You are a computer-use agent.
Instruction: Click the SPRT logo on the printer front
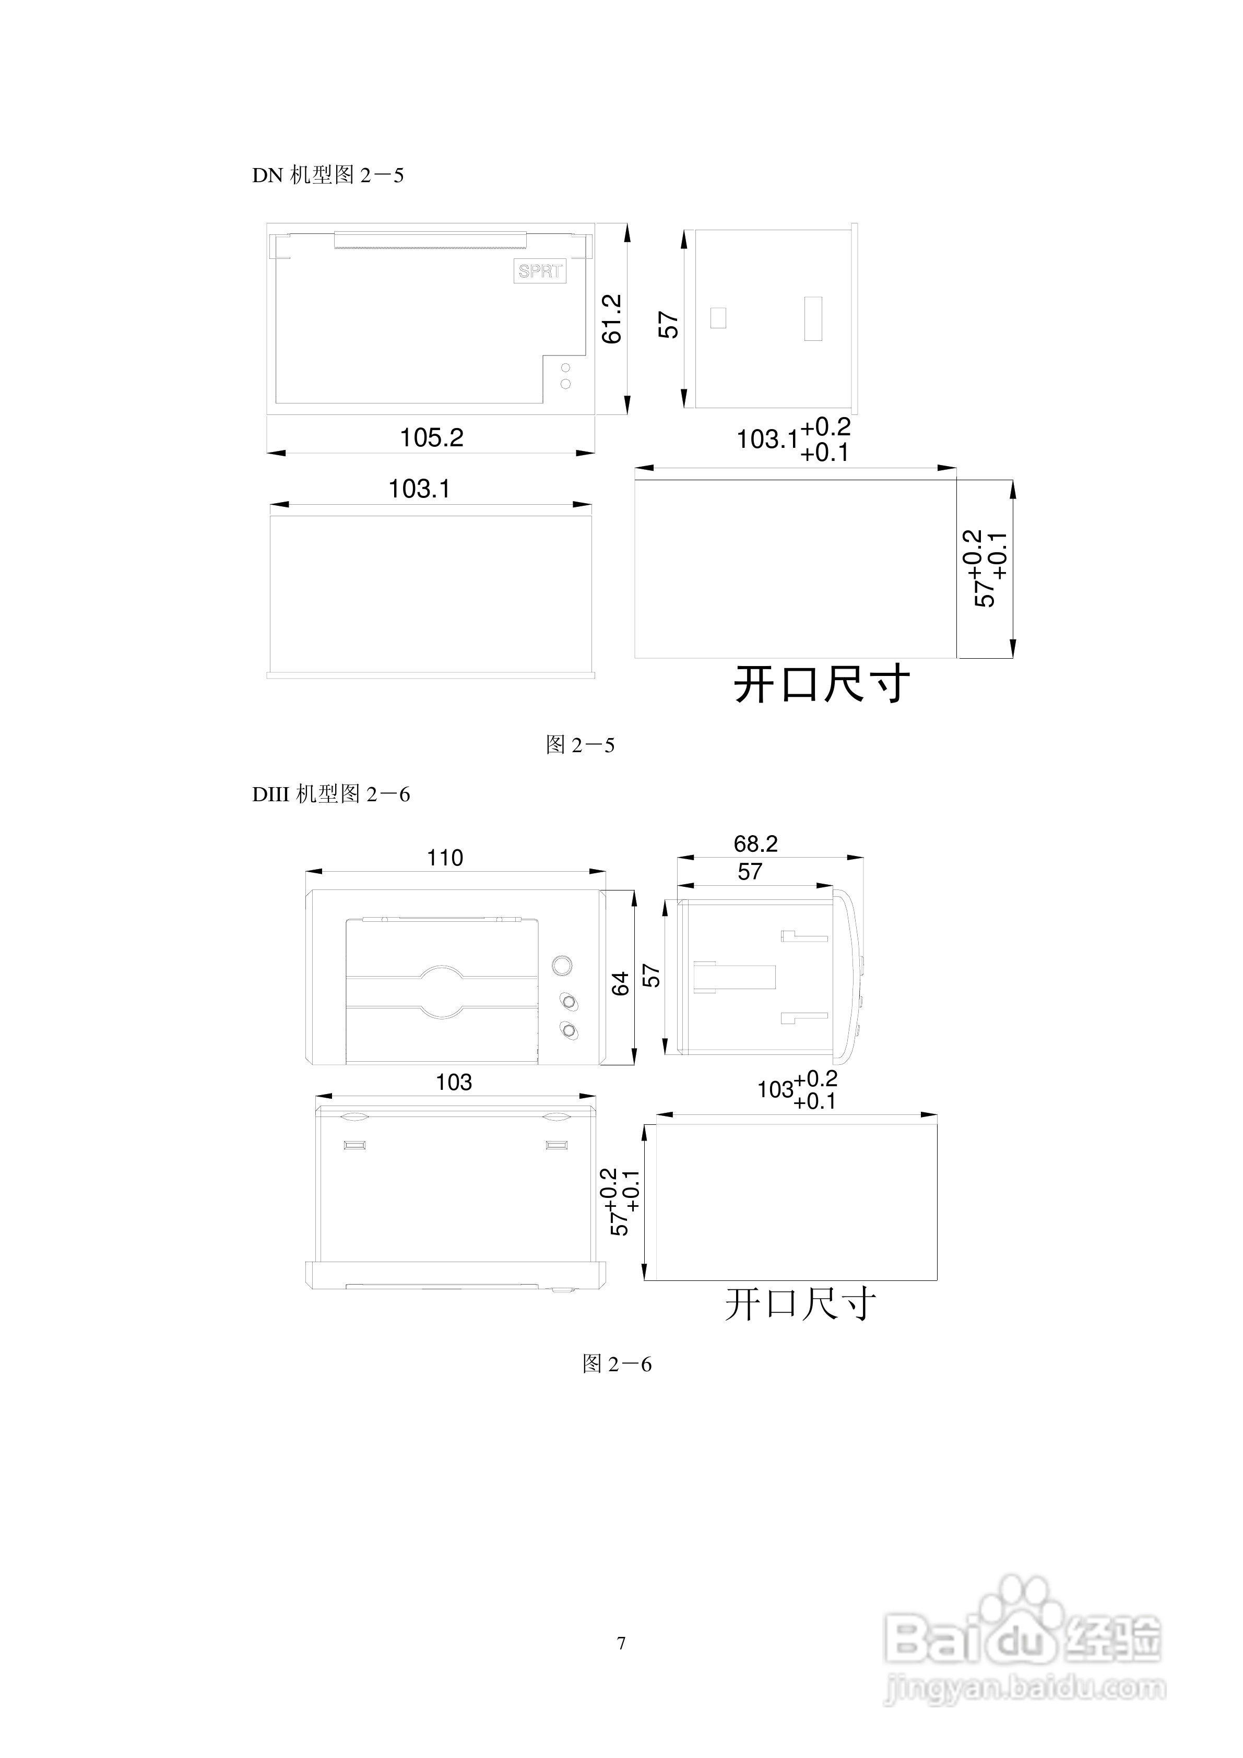(x=540, y=271)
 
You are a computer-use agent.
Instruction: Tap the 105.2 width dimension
(x=431, y=438)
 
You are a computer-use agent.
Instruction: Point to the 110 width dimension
(x=445, y=858)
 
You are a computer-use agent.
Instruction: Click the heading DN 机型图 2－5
(x=328, y=175)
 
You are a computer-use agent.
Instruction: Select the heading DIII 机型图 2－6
(x=331, y=795)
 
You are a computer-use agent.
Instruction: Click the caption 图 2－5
(x=580, y=745)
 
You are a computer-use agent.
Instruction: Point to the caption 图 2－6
(x=617, y=1364)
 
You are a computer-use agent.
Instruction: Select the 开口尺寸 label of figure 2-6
(x=800, y=1304)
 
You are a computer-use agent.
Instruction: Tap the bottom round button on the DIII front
(x=569, y=1030)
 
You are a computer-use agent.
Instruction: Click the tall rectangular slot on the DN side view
(x=813, y=318)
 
